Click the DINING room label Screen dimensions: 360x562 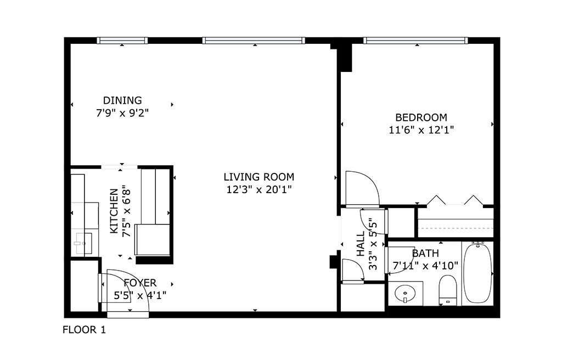(122, 100)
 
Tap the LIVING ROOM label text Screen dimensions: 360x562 (258, 177)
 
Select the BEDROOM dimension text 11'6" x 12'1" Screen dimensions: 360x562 (421, 130)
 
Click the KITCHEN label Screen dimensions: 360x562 (114, 211)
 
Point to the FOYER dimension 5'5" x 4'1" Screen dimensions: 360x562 (140, 295)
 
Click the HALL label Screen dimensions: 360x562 (361, 244)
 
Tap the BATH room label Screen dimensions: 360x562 (425, 254)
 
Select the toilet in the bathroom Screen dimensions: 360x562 (448, 289)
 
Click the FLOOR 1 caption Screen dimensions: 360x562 (84, 330)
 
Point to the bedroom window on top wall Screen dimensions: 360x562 (415, 40)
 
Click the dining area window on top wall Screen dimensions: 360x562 (122, 40)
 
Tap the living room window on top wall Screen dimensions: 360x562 (253, 40)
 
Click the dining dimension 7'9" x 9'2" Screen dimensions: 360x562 (122, 113)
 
